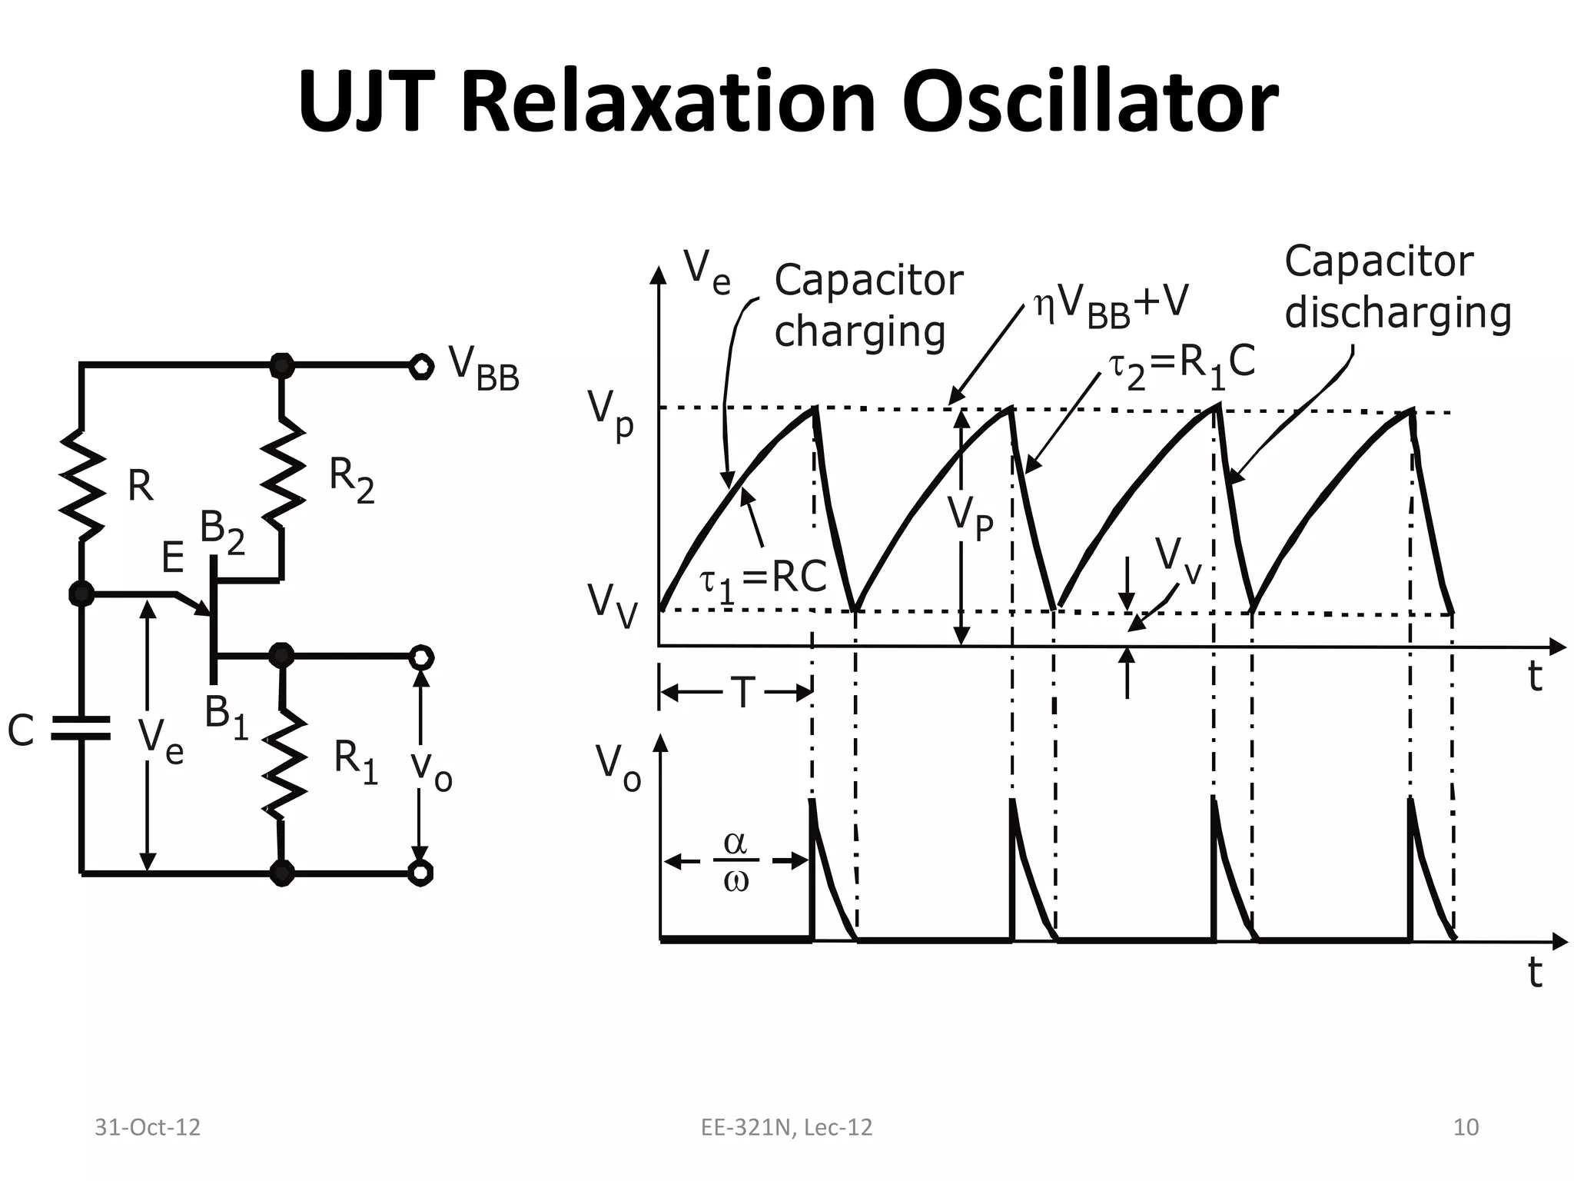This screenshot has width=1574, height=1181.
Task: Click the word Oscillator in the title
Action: point(1089,102)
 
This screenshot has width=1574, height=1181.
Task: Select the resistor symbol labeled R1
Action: point(284,761)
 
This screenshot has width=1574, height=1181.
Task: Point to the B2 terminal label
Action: point(222,533)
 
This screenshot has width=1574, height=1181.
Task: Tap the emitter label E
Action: point(172,557)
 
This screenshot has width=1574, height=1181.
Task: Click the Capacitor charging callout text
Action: point(867,306)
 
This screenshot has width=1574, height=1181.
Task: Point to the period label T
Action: point(742,693)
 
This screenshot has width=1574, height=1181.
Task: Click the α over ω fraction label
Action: point(736,862)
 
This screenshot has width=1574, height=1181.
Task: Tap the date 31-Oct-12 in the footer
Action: point(147,1127)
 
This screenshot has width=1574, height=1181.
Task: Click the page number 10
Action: point(1466,1127)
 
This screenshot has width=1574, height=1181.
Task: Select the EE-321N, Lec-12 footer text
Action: point(786,1127)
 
